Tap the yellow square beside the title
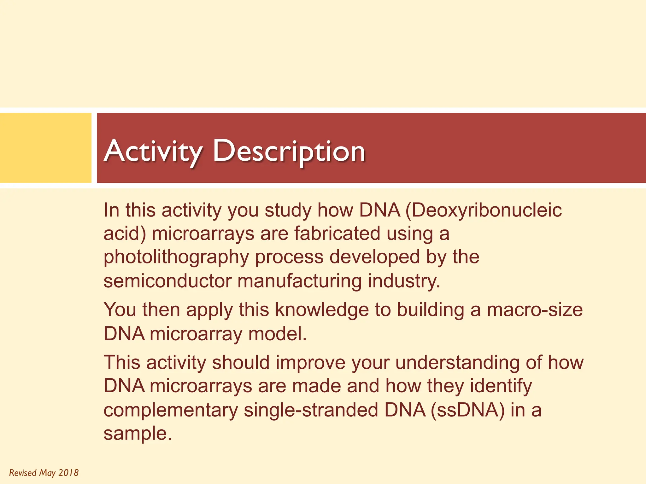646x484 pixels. (45, 148)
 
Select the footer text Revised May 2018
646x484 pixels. (44, 473)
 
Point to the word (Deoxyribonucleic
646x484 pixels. (484, 210)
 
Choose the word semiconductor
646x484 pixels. (167, 281)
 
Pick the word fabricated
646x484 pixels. (337, 234)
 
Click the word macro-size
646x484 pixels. (535, 310)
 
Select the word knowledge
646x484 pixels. (322, 310)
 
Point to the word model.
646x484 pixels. (277, 334)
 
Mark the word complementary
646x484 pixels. (171, 411)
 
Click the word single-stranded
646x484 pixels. (311, 410)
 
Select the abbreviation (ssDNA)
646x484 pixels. (468, 410)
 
